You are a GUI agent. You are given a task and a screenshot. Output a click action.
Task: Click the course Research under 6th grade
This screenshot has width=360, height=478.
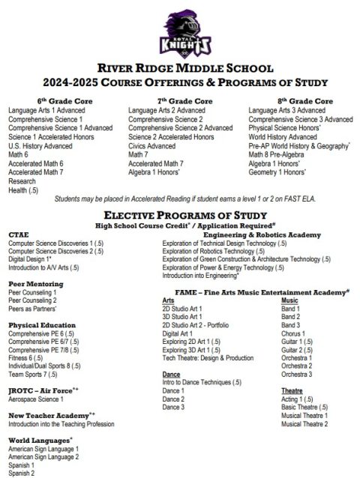pos(22,181)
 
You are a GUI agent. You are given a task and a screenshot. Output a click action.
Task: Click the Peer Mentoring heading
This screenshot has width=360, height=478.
pos(35,284)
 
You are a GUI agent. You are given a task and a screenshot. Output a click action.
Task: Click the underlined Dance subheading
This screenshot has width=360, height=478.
pos(170,373)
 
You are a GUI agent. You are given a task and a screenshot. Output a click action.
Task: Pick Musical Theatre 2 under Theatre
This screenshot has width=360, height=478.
pos(304,423)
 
